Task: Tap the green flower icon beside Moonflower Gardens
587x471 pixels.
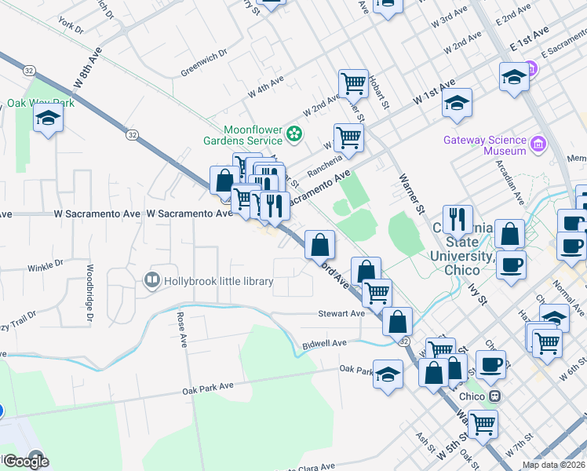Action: (x=294, y=135)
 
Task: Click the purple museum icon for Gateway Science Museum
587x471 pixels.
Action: (x=538, y=144)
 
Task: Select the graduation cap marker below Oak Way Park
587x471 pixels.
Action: (x=48, y=119)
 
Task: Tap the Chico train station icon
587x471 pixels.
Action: (x=495, y=396)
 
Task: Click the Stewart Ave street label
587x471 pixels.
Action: (x=341, y=313)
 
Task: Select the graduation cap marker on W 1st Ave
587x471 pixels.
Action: (x=456, y=104)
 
